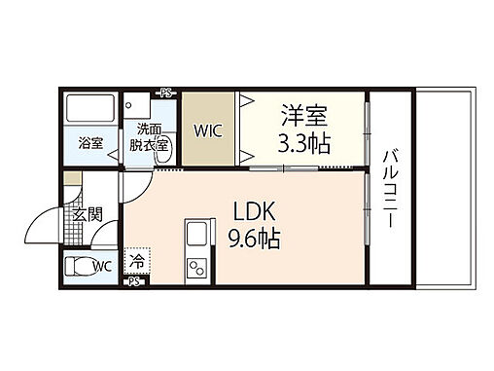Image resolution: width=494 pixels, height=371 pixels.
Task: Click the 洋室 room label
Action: click(304, 115)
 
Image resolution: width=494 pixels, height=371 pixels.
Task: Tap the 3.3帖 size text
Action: click(304, 143)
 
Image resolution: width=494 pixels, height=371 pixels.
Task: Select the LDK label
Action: click(255, 211)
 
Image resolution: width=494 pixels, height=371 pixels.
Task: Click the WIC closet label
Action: click(208, 130)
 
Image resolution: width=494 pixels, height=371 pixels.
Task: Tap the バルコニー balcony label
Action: click(391, 188)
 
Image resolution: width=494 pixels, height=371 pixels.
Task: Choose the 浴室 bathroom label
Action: click(90, 143)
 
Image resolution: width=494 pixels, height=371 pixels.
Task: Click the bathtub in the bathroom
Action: click(90, 108)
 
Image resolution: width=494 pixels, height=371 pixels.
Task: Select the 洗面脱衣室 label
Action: click(149, 137)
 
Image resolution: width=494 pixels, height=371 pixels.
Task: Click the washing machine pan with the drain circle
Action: click(136, 105)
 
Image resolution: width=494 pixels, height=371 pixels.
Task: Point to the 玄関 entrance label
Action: click(88, 215)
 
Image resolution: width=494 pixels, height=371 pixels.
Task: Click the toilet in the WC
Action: click(77, 266)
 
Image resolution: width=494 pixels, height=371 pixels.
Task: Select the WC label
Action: click(102, 267)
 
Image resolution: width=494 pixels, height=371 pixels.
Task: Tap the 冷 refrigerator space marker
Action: click(137, 261)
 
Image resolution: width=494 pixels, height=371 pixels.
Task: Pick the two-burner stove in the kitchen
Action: click(197, 267)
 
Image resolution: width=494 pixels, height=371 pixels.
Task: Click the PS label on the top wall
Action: click(166, 93)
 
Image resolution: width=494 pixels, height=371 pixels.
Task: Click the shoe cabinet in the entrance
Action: click(72, 178)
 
